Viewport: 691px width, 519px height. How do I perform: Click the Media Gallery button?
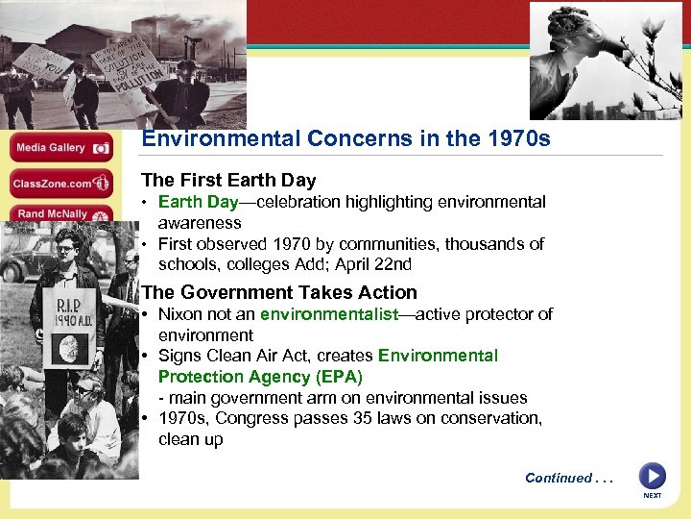pos(62,149)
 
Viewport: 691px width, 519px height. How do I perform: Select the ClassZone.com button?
pos(62,184)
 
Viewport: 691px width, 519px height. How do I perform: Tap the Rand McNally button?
pos(62,214)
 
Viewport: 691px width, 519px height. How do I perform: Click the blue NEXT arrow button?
pos(652,477)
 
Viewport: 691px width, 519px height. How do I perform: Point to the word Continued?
pos(559,478)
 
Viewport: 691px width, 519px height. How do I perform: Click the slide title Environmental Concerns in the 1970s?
pos(345,139)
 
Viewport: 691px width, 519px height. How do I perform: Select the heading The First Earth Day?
pos(228,180)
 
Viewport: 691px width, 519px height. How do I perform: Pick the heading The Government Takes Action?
pos(279,292)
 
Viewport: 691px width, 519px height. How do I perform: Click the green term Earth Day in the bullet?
pos(198,202)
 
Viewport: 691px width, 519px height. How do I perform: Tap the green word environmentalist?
pos(329,314)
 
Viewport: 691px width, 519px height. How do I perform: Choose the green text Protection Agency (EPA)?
pos(260,377)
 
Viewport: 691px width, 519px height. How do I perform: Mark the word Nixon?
pos(180,314)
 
